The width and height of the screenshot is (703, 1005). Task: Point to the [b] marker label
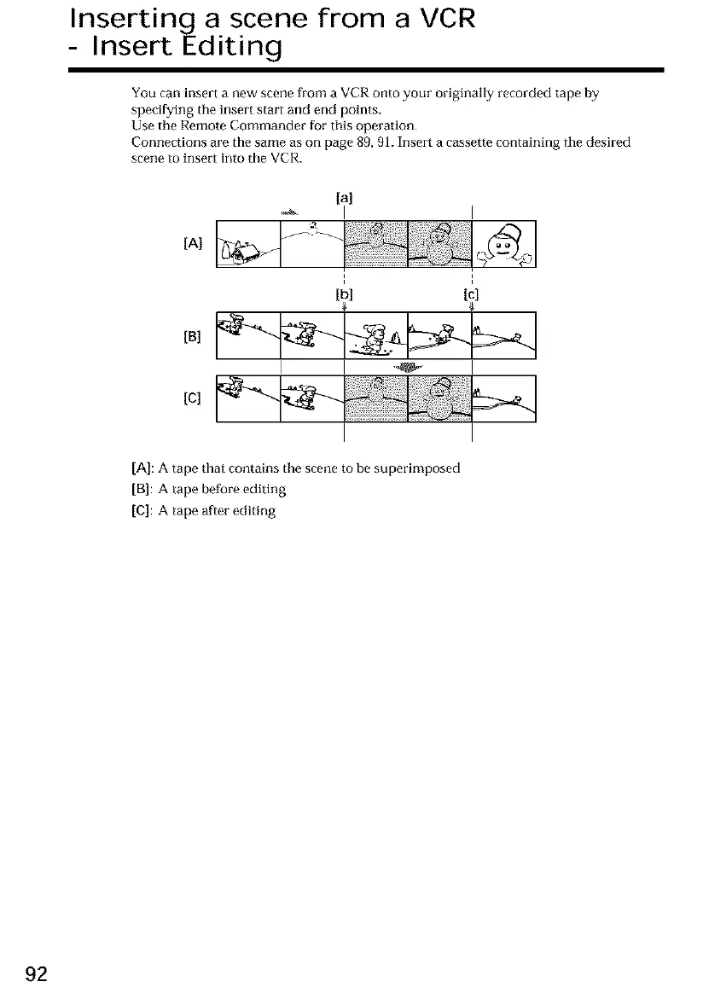click(x=345, y=295)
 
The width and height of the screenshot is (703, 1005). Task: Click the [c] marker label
click(x=472, y=295)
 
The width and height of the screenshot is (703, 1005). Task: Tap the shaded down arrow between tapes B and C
click(x=408, y=368)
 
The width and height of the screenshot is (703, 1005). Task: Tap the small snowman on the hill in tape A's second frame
click(x=313, y=227)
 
